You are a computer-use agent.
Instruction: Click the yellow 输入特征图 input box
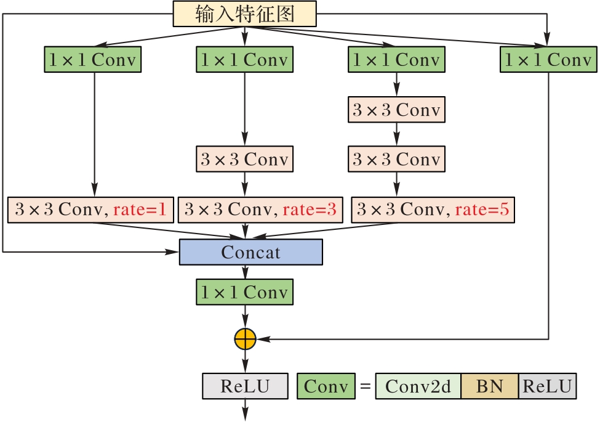245,14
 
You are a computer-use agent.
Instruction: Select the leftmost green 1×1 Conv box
93,60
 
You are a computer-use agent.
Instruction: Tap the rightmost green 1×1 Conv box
548,60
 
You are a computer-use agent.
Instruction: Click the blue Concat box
250,252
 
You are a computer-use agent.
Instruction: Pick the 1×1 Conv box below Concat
245,292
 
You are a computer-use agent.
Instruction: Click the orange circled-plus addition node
245,338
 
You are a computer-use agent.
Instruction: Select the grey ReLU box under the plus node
245,386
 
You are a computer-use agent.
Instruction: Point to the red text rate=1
141,210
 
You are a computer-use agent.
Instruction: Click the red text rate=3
310,210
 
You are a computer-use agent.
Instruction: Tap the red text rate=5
482,210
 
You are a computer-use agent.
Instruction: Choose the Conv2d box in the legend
418,386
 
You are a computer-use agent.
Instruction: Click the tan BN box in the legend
489,386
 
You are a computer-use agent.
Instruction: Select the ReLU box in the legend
548,386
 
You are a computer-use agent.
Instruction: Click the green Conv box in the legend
326,386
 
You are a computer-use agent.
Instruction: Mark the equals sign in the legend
365,387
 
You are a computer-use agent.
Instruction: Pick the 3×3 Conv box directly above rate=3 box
245,159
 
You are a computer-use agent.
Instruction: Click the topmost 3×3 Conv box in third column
396,110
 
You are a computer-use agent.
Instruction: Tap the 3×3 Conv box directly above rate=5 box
396,159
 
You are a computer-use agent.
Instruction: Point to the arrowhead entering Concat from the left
174,252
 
